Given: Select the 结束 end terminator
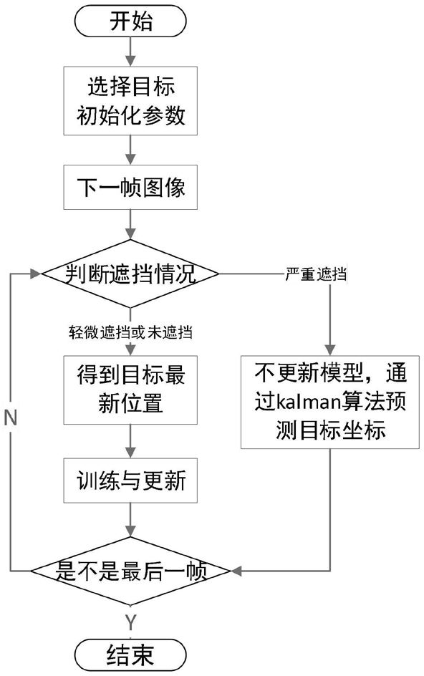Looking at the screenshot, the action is [130, 656].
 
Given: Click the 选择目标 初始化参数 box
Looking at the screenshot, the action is [130, 100].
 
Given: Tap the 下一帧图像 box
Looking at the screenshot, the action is [130, 187].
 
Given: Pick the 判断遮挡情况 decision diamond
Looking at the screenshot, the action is [130, 274].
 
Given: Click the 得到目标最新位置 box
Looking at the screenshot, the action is [130, 390].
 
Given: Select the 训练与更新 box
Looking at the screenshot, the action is [130, 481].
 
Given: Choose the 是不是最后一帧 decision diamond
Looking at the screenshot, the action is [130, 571].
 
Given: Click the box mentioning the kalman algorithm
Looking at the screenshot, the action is [330, 402].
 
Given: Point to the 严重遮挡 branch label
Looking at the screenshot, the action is [316, 274].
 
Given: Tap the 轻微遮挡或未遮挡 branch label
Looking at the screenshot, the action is [130, 332].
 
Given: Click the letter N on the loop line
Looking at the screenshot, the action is [10, 417].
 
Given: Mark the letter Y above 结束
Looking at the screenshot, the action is [130, 622].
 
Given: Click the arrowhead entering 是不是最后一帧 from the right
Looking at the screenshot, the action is [236, 571].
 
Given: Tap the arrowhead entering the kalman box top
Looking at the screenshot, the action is [330, 349].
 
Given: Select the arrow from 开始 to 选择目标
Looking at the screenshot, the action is [130, 51].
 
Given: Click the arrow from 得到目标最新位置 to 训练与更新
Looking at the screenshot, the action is [130, 441].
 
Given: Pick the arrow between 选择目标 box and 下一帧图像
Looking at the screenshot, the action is [130, 150].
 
